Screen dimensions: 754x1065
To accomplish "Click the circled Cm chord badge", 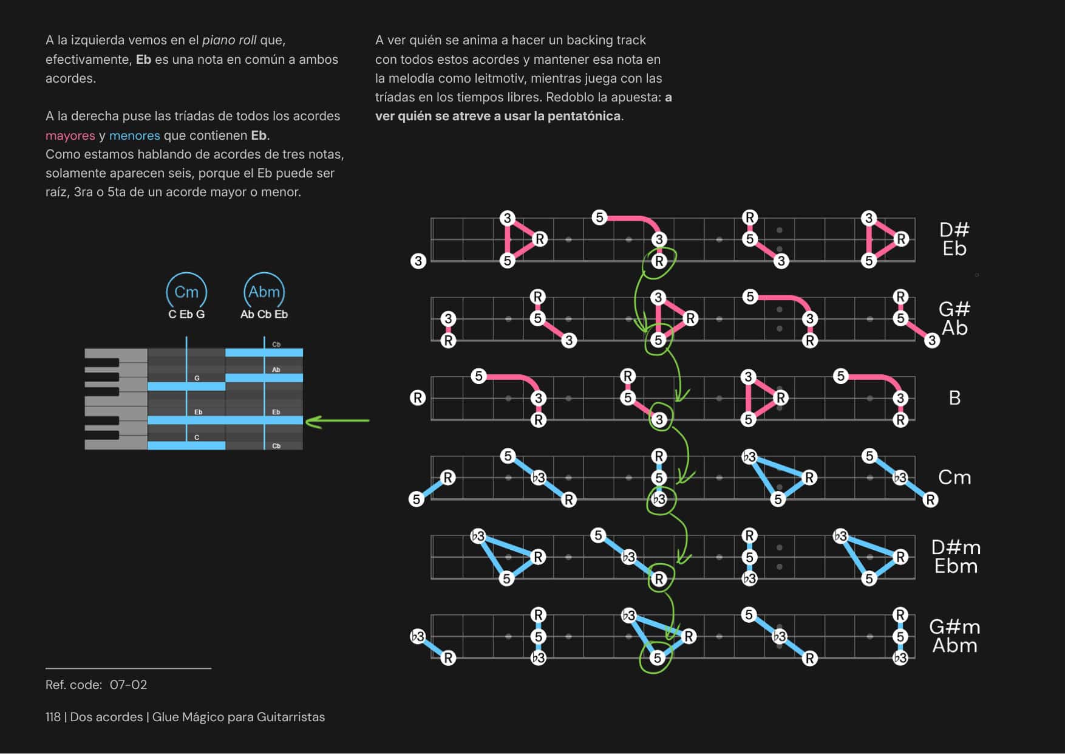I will [x=186, y=292].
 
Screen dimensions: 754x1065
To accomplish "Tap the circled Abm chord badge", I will [x=264, y=292].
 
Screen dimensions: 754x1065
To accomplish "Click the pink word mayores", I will [x=70, y=135].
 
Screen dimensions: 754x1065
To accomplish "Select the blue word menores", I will [x=134, y=135].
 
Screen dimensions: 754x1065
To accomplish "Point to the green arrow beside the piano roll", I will [x=338, y=420].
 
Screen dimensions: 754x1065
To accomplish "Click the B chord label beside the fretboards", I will [x=954, y=398].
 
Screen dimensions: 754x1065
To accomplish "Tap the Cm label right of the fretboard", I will [x=954, y=478].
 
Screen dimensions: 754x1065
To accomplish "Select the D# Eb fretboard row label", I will [x=954, y=239].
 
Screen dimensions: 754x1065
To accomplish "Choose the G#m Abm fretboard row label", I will [x=954, y=636].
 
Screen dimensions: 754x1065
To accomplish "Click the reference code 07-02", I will [x=128, y=685].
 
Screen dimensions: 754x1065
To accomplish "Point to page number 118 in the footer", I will [x=53, y=717].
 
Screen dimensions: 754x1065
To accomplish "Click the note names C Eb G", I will [x=186, y=314].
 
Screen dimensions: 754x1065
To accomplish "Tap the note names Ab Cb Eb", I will [x=264, y=314].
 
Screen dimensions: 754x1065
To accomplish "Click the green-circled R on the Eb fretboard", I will [x=659, y=261].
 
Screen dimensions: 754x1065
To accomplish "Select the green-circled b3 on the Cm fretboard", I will [x=659, y=499].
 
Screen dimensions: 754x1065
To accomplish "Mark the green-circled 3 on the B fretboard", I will [x=659, y=419].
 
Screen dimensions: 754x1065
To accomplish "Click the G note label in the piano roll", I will [x=197, y=378].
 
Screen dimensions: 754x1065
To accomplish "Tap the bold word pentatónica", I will [x=584, y=116].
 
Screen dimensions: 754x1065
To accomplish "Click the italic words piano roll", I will [x=229, y=40].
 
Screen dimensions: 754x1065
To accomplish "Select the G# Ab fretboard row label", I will [x=954, y=318].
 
